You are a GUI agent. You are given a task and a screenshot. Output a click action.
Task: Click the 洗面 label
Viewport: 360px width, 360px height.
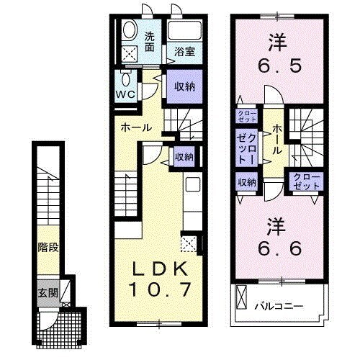pyautogui.click(x=150, y=42)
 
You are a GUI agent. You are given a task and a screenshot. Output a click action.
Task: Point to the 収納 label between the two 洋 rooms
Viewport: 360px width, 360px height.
pyautogui.click(x=246, y=182)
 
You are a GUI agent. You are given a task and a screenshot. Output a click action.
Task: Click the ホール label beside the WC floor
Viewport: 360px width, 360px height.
pyautogui.click(x=136, y=127)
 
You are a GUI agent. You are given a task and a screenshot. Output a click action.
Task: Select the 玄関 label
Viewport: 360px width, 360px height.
pyautogui.click(x=48, y=294)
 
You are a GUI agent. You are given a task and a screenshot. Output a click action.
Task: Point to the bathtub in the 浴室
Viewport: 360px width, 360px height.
pyautogui.click(x=184, y=31)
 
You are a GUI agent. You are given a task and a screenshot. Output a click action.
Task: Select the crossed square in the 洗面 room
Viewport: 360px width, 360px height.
pyautogui.click(x=130, y=54)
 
